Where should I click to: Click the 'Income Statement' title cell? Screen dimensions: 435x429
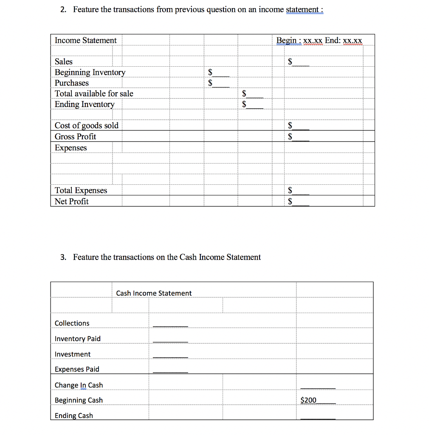pyautogui.click(x=85, y=40)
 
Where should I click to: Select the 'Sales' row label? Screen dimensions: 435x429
pyautogui.click(x=64, y=62)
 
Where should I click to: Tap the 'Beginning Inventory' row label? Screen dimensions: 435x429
pyautogui.click(x=90, y=72)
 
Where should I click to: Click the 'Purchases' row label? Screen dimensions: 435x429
pyautogui.click(x=72, y=83)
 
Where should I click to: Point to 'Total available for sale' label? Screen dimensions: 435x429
pyautogui.click(x=94, y=93)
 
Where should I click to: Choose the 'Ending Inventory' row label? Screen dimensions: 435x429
pyautogui.click(x=85, y=104)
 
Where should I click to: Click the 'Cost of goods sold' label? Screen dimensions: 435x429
pyautogui.click(x=87, y=125)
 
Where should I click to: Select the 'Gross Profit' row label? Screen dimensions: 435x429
pyautogui.click(x=75, y=136)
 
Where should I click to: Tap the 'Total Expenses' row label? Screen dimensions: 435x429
pyautogui.click(x=81, y=190)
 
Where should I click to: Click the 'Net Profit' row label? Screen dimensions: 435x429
pyautogui.click(x=72, y=201)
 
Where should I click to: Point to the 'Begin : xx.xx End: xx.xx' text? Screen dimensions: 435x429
pyautogui.click(x=319, y=40)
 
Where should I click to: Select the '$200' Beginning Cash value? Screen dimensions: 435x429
pyautogui.click(x=308, y=400)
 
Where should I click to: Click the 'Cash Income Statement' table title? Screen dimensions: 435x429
pyautogui.click(x=154, y=293)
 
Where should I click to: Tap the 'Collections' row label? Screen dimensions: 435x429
pyautogui.click(x=72, y=323)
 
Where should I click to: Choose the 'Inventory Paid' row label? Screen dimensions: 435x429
pyautogui.click(x=78, y=339)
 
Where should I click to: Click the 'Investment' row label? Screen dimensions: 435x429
pyautogui.click(x=73, y=354)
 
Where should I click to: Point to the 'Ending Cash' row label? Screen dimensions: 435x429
pyautogui.click(x=74, y=415)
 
